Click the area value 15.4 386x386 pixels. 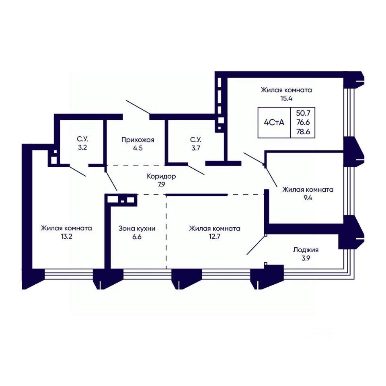pos(286,99)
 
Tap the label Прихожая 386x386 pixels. pos(138,140)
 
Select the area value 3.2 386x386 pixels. pos(82,148)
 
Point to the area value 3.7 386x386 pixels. pos(196,148)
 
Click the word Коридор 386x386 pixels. pos(161,177)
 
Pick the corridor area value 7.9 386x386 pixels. pos(161,185)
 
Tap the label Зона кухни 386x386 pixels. pos(137,229)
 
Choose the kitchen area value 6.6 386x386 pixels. pos(137,237)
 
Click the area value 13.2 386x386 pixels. pos(66,236)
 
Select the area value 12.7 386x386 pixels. pos(214,236)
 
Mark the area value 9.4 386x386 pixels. pos(308,198)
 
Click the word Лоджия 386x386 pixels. pos(306,250)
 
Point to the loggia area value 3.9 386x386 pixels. pos(306,258)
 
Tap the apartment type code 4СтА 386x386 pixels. pos(274,122)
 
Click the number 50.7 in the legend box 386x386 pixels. pos(303,113)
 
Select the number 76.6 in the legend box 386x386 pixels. pos(303,122)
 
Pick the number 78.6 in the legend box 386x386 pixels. pos(303,132)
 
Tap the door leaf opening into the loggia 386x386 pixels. pos(256,245)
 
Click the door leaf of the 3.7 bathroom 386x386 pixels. pos(196,169)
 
